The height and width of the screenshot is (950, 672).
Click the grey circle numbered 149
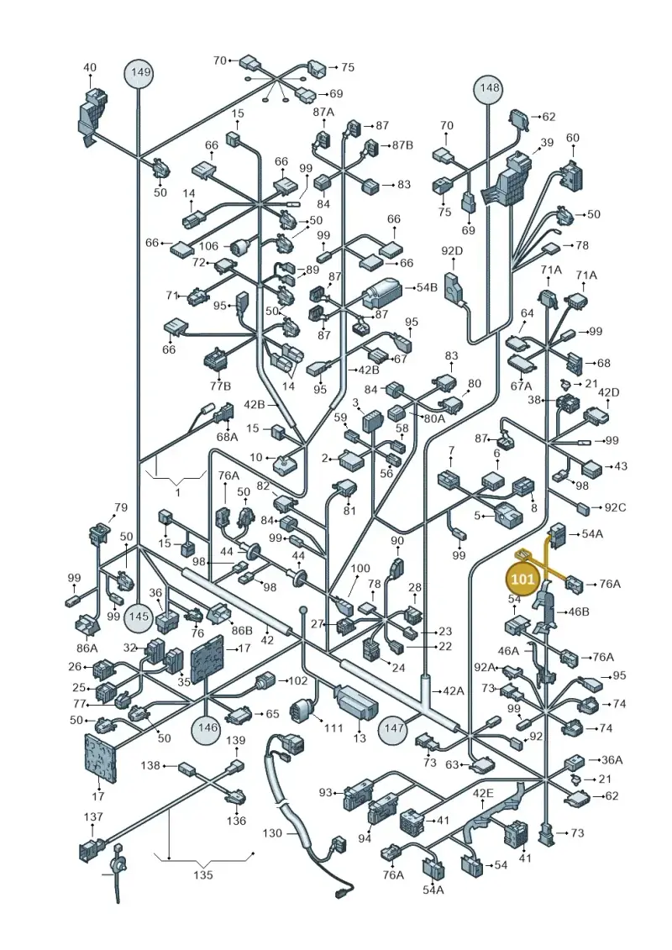tap(139, 73)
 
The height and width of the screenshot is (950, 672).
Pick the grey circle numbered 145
tap(139, 617)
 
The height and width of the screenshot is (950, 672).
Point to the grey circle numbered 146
tap(207, 727)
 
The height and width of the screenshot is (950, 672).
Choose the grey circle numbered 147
tap(394, 728)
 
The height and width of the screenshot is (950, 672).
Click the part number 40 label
tap(89, 67)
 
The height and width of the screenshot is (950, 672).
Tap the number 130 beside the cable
tap(272, 833)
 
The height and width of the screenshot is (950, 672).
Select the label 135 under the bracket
tap(203, 875)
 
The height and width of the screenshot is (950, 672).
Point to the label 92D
tap(451, 249)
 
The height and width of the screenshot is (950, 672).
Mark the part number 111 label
tap(333, 727)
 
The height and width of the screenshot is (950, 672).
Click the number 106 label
tap(208, 246)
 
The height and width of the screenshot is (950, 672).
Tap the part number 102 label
tap(297, 680)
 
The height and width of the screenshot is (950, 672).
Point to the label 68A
tap(228, 436)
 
